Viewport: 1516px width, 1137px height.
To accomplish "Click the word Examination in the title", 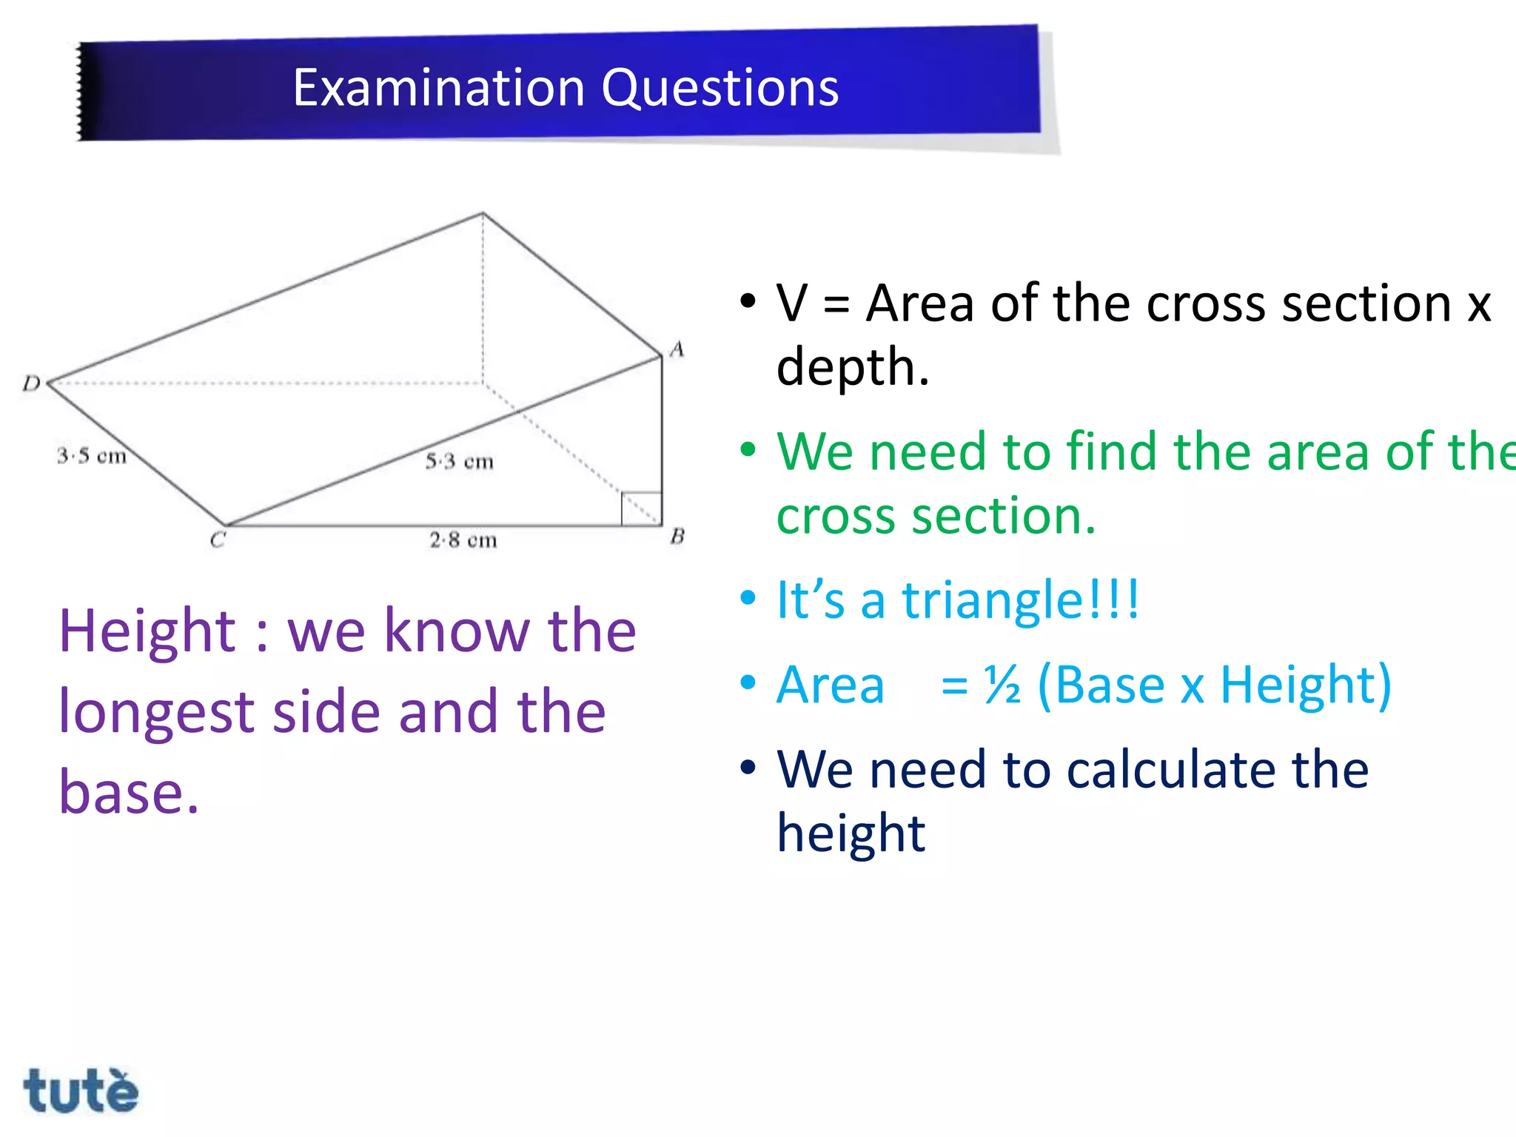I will point(438,87).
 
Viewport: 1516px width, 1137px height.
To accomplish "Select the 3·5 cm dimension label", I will point(92,455).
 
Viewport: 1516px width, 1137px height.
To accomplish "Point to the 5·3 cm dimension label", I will point(459,461).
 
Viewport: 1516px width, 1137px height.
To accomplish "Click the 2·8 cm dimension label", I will point(463,540).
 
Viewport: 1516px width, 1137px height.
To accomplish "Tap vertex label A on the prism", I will point(677,349).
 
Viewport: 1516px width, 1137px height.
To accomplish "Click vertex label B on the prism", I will point(677,536).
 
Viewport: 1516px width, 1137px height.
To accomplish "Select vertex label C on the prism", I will point(217,540).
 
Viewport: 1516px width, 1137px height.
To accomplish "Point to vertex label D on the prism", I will point(31,383).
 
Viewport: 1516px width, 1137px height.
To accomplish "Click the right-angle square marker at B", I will point(641,509).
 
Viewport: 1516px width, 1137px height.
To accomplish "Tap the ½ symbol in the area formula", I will point(1002,685).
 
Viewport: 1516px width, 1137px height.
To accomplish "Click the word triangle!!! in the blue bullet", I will point(1020,600).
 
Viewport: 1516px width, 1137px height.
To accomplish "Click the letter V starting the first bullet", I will point(792,303).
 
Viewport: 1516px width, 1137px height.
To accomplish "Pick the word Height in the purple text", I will point(147,631).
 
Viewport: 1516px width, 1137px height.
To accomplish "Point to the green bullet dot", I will point(748,449).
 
